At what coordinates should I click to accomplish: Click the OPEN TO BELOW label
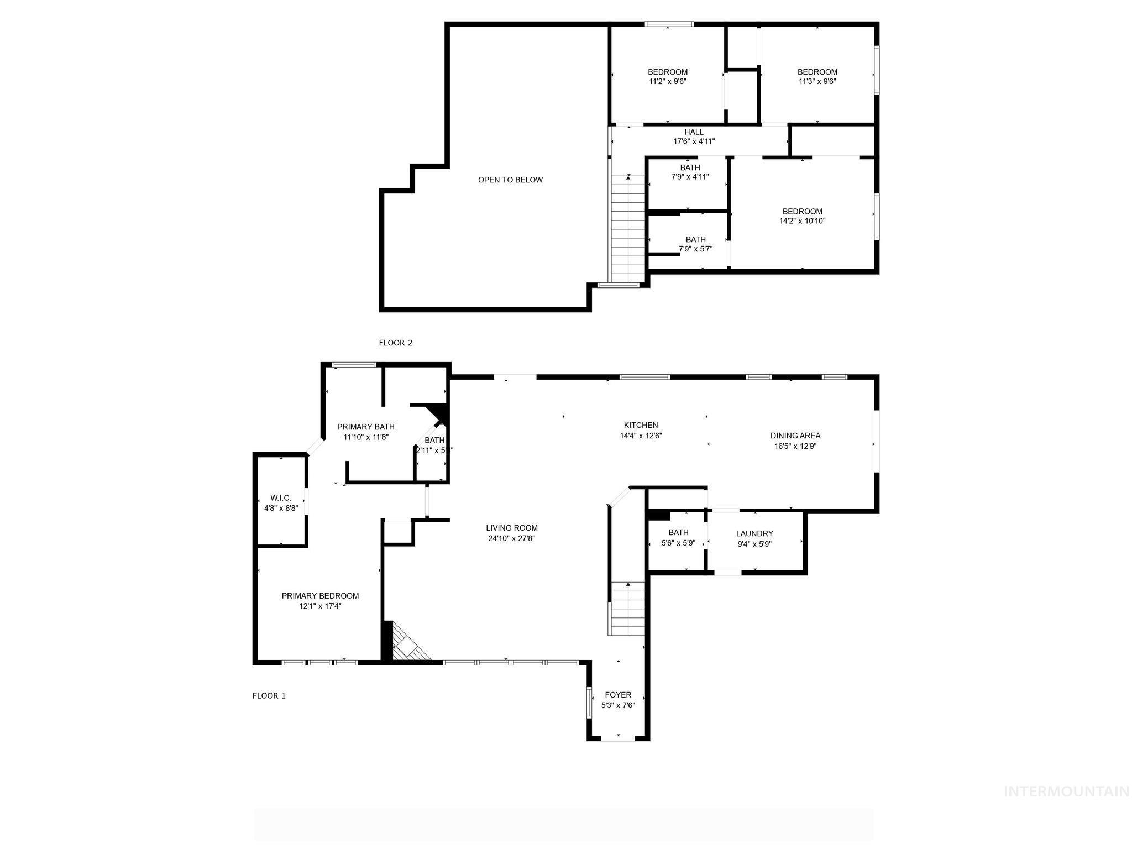coord(510,180)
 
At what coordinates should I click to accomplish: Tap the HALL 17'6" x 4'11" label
coord(694,137)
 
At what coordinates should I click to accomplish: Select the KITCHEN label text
coord(641,425)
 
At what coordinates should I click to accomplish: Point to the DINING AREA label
coord(795,436)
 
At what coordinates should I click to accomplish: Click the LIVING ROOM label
coord(511,528)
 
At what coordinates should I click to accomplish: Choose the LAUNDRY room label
coord(754,533)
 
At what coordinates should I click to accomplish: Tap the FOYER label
coord(618,695)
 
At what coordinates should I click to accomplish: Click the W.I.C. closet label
coord(281,498)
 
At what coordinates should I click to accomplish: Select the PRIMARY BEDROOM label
coord(320,596)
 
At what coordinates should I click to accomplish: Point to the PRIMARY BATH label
coord(366,427)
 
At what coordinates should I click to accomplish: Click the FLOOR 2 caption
coord(395,343)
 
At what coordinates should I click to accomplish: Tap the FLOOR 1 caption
coord(269,696)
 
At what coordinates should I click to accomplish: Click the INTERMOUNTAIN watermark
coord(1066,792)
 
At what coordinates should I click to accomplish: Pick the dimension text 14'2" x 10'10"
coord(802,221)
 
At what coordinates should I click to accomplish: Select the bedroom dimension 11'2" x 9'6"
coord(668,81)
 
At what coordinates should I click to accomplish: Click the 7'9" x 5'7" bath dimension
coord(695,249)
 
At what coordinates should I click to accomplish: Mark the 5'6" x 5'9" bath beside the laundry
coord(678,538)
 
